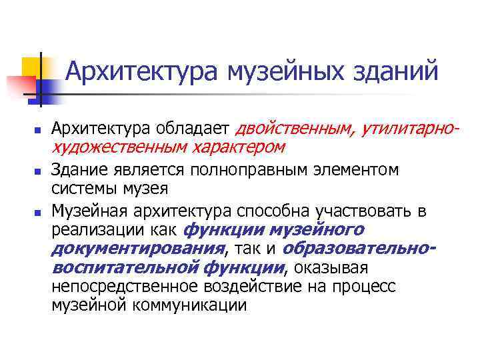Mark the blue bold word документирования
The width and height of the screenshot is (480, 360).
[x=137, y=249]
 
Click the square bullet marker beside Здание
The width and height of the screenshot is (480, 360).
[x=37, y=172]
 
